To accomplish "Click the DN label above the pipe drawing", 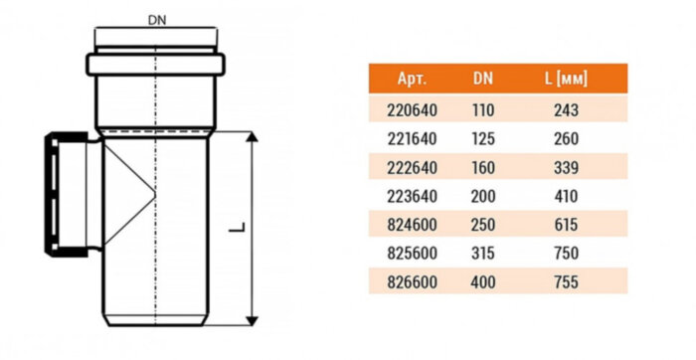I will click(157, 20).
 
